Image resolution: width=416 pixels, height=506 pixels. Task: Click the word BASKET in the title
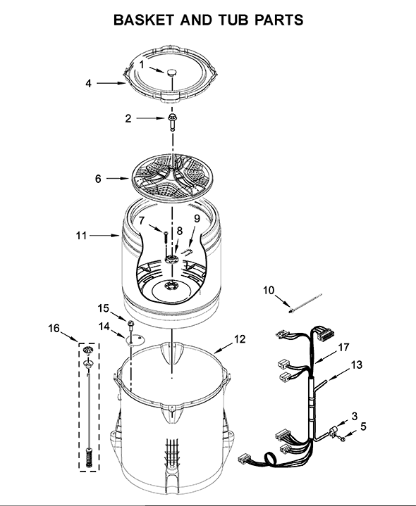click(x=144, y=20)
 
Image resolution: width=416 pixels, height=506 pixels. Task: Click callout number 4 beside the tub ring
click(x=88, y=83)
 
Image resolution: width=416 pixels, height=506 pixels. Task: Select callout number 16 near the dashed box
click(x=54, y=328)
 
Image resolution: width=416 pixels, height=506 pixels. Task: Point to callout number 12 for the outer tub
click(x=240, y=339)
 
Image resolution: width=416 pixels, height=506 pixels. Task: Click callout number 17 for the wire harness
click(x=343, y=347)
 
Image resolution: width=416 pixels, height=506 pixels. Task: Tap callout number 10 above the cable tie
click(x=268, y=290)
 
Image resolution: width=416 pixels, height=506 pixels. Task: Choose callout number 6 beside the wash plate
click(x=98, y=179)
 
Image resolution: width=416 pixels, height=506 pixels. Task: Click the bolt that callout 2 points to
click(x=172, y=122)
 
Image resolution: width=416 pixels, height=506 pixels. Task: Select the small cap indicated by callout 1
click(x=172, y=72)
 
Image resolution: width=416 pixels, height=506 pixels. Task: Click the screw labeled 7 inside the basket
click(x=166, y=238)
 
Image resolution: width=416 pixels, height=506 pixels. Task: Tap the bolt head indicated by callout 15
click(x=131, y=323)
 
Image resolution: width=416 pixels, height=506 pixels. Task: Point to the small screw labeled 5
click(x=342, y=438)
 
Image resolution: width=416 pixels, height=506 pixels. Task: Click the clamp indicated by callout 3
click(x=332, y=431)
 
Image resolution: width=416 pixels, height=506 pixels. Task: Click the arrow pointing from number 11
click(x=104, y=236)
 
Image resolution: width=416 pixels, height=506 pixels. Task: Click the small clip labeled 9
click(x=187, y=251)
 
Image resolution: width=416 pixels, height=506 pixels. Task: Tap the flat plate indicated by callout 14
click(x=135, y=339)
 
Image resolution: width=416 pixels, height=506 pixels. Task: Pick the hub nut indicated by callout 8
click(x=171, y=259)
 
